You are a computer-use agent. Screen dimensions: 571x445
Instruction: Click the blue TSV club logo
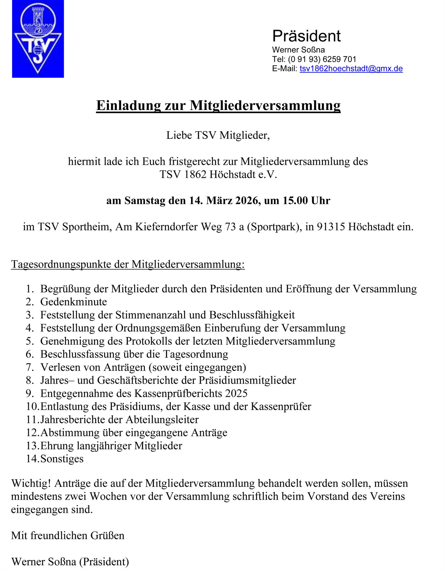(38, 39)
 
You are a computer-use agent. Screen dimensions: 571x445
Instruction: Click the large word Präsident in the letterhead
(306, 36)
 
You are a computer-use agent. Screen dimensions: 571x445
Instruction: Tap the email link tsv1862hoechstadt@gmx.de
(351, 69)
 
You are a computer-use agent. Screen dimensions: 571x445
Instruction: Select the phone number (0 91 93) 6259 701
(322, 59)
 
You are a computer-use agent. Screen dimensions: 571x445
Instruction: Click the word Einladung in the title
(128, 106)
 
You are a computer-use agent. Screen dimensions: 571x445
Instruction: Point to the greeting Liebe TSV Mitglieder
(218, 135)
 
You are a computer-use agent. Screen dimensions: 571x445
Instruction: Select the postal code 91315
(331, 227)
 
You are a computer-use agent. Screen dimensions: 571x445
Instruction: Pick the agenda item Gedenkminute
(74, 302)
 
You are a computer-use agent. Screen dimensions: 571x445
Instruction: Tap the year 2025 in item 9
(236, 393)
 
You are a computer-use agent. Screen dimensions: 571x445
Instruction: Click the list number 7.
(29, 367)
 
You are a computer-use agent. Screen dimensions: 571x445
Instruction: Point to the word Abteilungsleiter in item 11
(162, 420)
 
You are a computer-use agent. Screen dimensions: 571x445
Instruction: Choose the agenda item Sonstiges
(62, 459)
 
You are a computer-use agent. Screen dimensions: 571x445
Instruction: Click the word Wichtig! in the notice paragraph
(31, 483)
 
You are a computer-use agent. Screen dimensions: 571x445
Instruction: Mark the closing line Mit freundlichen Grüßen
(68, 536)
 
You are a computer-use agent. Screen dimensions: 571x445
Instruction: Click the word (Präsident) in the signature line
(104, 562)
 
